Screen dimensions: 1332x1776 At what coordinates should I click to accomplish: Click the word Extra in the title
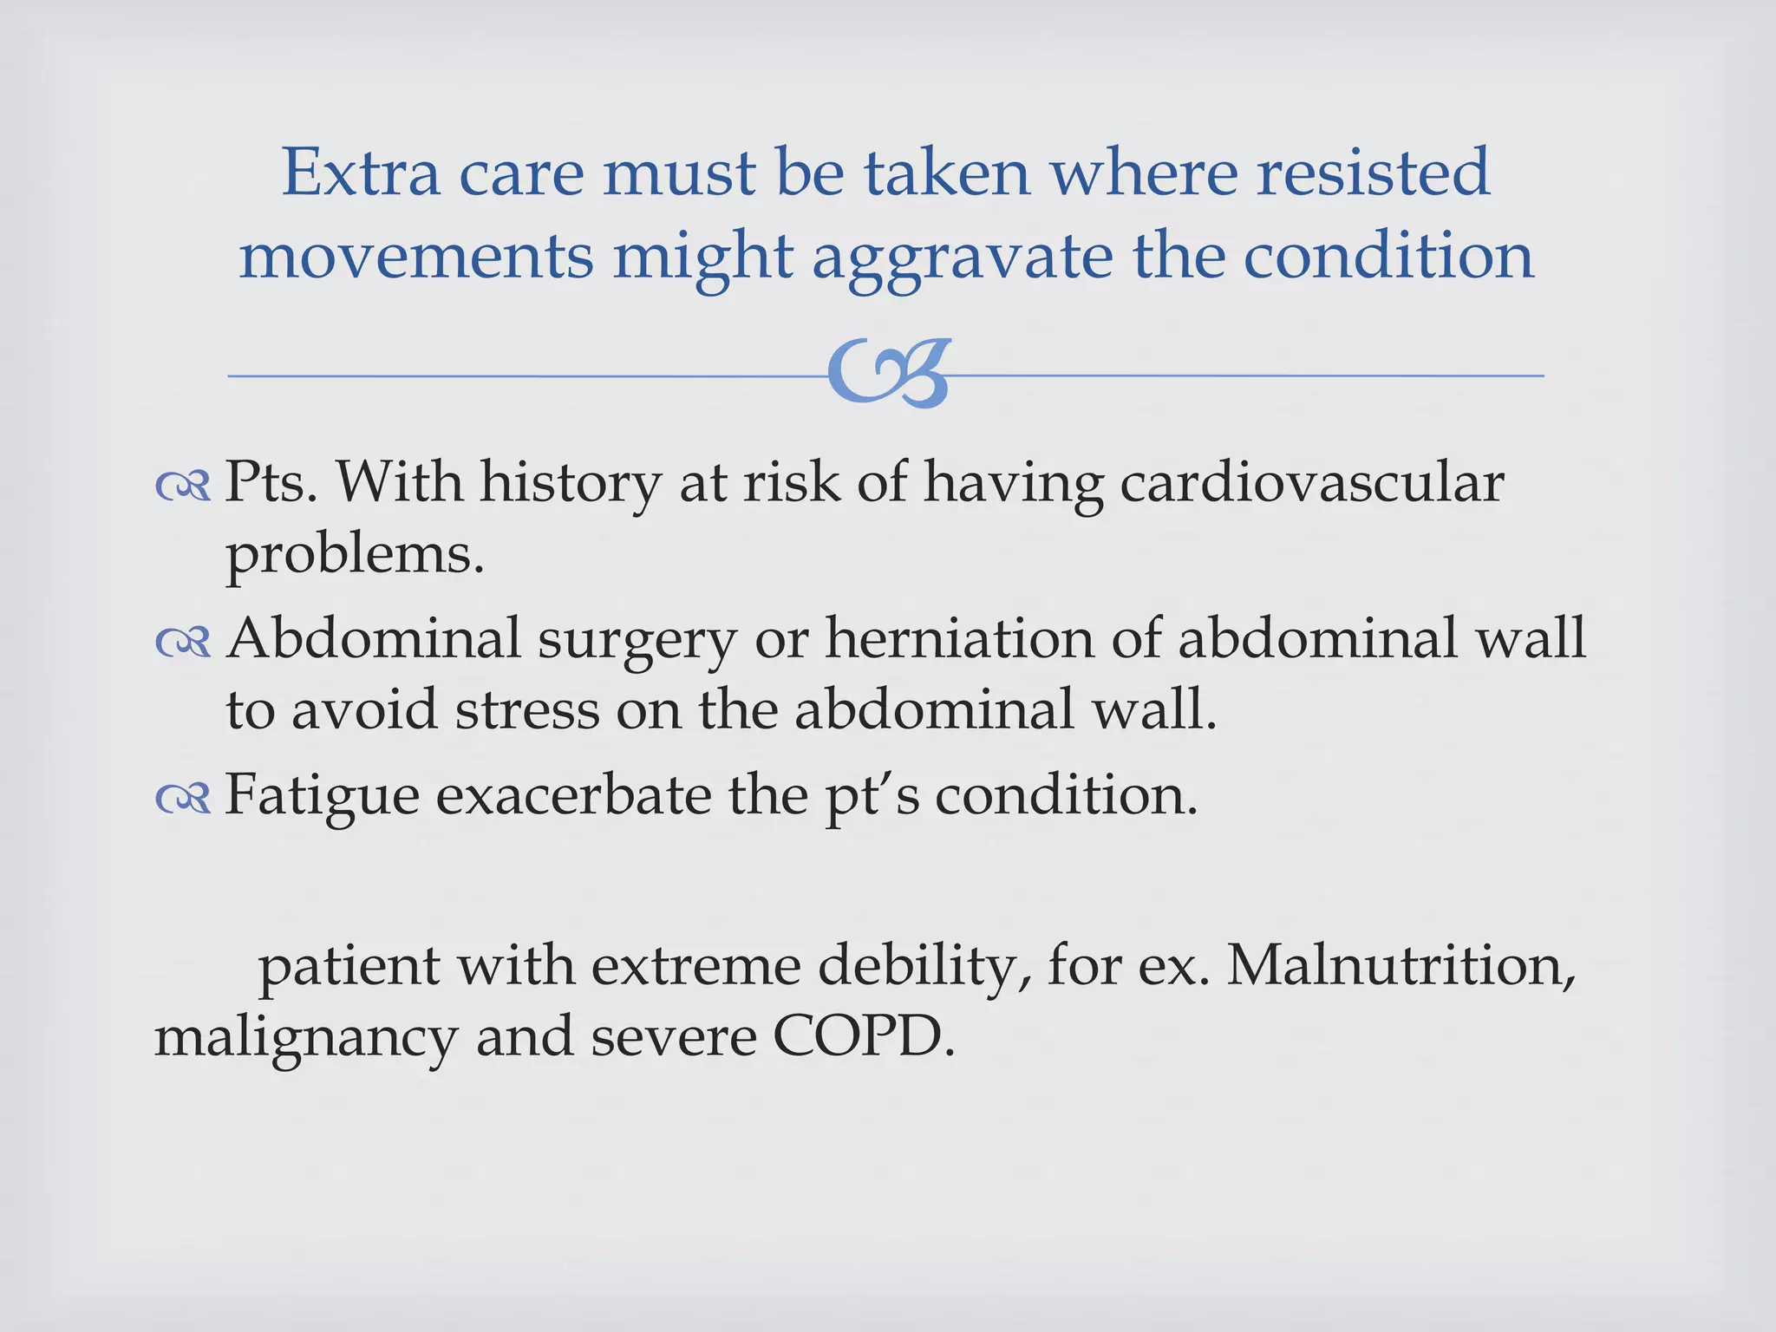tap(361, 172)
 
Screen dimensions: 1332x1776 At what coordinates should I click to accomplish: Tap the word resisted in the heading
tap(1374, 172)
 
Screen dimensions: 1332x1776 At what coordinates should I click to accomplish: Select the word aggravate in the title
tap(962, 258)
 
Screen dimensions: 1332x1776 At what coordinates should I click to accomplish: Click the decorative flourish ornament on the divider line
tap(890, 374)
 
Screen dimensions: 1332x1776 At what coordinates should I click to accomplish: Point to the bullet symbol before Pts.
tap(183, 487)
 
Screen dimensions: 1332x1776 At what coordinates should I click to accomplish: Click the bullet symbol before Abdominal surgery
tap(183, 643)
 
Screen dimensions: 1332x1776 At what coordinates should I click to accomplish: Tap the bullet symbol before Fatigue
tap(183, 799)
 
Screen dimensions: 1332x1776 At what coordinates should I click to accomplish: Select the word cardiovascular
tap(1311, 482)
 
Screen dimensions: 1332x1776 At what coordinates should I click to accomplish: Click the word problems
tap(355, 555)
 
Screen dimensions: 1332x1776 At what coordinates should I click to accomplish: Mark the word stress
tap(527, 709)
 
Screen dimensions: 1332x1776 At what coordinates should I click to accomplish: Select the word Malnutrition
tap(1400, 965)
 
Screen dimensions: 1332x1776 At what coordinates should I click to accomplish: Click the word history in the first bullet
tap(570, 484)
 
